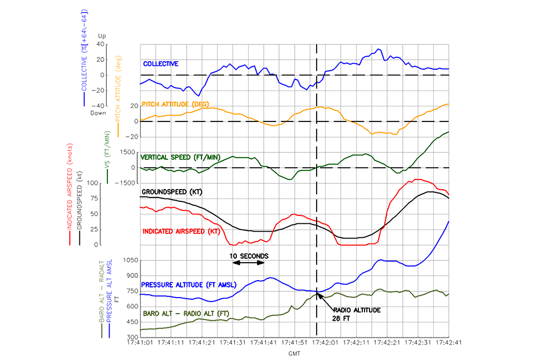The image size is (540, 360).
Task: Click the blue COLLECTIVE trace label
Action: point(160,64)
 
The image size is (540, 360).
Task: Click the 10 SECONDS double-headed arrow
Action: point(249,263)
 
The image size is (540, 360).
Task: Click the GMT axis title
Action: point(294,354)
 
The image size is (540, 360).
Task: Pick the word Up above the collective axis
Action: point(102,36)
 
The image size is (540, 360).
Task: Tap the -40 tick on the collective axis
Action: point(102,106)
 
